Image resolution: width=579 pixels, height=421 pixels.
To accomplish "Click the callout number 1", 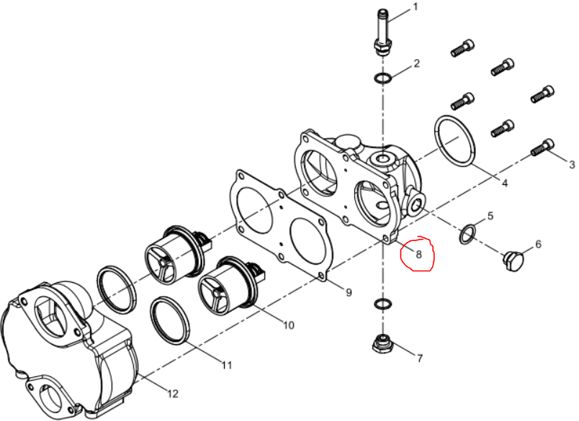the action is coord(416,6).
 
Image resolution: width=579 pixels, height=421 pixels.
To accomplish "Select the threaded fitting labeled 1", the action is coord(382,33).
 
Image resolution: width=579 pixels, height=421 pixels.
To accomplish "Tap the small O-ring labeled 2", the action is coord(382,78).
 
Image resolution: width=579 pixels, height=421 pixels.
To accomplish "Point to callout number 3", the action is coord(572,164).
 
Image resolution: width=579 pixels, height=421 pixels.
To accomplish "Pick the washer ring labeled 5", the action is coord(468,234).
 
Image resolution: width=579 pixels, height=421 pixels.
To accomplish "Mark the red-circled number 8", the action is coord(418,254).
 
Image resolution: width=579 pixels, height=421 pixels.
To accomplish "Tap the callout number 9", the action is coord(349,293).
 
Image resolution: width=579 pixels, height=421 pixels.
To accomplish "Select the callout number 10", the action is coord(288,325).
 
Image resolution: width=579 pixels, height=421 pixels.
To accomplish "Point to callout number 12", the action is coord(172,394).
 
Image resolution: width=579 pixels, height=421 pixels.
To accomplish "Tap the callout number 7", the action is coord(419,358).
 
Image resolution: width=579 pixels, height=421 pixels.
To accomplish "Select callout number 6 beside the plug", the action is coord(538,244).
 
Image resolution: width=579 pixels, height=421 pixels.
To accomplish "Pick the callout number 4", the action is coord(504,182).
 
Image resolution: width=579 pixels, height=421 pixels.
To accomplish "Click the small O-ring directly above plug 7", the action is coord(383,304).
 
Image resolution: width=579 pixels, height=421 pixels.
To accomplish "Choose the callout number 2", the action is coord(416,63).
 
